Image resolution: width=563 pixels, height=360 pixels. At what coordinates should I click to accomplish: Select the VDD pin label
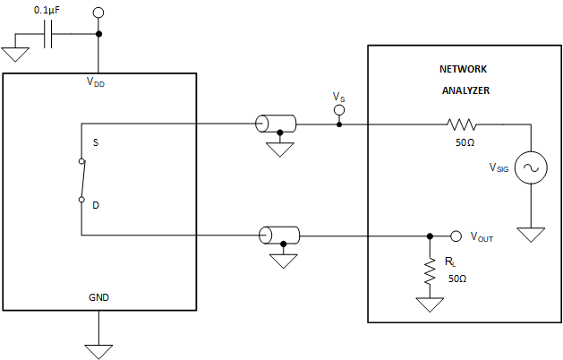coord(98,81)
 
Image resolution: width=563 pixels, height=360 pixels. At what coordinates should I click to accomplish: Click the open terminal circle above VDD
coord(98,13)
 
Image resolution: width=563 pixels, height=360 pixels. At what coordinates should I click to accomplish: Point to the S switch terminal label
coord(96,142)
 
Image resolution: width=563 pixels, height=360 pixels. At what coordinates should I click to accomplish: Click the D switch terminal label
coord(96,205)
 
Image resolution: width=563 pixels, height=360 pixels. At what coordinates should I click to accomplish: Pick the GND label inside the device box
coord(98,296)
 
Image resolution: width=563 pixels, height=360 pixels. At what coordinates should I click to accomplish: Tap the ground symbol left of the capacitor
coord(15,53)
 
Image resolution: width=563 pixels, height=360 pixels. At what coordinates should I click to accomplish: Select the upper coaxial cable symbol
coord(278,124)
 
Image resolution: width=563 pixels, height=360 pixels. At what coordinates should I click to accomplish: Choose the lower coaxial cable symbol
coord(279,236)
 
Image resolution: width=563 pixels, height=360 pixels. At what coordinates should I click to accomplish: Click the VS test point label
coord(337,96)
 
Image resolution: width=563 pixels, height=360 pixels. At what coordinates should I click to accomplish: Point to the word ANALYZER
coord(465,90)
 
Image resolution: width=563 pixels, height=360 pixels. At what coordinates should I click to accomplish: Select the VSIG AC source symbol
coord(531,167)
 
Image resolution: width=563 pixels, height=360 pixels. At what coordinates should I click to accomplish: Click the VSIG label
coord(499,167)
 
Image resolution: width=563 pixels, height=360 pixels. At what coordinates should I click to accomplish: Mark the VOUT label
coord(481,238)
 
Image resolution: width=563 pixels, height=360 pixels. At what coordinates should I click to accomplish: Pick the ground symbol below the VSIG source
coord(531,236)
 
